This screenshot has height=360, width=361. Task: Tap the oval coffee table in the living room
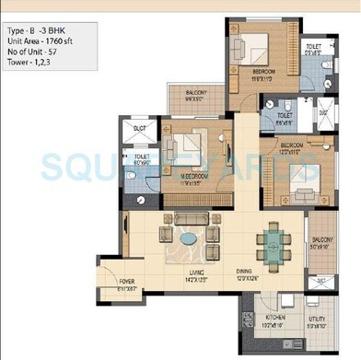[188, 239]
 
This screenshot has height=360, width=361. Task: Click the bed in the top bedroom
[254, 49]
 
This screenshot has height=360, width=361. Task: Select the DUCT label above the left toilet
[140, 128]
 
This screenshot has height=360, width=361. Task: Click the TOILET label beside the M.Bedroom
[141, 158]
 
